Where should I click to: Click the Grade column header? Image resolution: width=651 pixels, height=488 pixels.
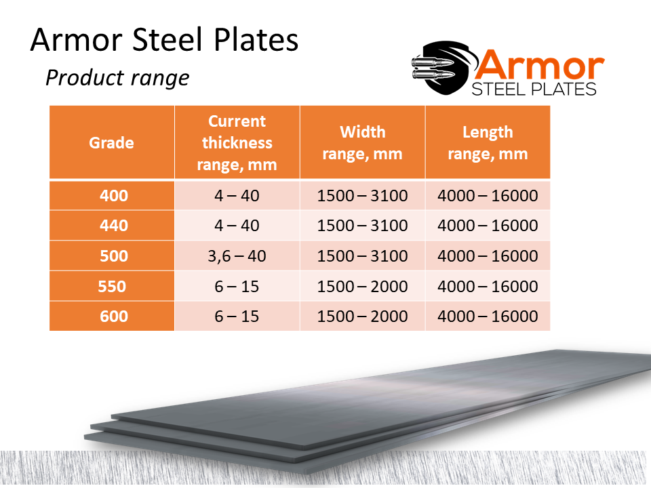[x=112, y=143]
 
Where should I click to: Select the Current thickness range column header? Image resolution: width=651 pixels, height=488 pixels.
[x=237, y=143]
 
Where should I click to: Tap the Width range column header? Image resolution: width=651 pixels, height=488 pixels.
[x=362, y=143]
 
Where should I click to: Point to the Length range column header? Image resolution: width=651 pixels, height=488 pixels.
[x=488, y=143]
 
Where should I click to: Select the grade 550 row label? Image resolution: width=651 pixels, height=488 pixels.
[x=112, y=286]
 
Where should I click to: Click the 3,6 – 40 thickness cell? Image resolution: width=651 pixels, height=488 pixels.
[x=237, y=256]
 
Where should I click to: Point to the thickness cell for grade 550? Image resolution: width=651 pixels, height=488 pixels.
[x=237, y=286]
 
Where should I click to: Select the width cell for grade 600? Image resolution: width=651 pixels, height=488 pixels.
[x=362, y=317]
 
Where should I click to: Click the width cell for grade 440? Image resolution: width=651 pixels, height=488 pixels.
[x=362, y=225]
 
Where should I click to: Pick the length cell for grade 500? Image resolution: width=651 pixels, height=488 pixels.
[x=488, y=256]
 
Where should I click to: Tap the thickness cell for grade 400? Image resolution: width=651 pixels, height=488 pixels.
[x=237, y=195]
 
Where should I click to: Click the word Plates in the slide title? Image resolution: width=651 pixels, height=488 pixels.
[x=256, y=39]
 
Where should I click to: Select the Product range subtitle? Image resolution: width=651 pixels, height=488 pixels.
[x=117, y=78]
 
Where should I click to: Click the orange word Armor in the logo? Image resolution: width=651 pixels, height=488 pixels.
[x=539, y=65]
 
